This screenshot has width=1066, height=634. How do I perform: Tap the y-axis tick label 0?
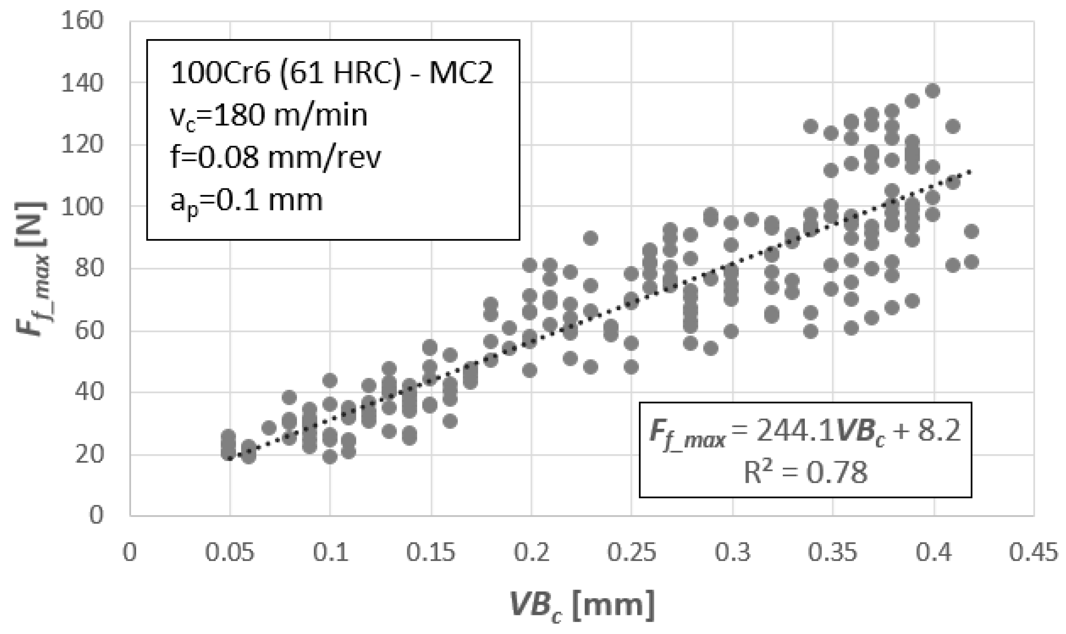(96, 515)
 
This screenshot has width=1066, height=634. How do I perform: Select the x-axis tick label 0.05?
(230, 553)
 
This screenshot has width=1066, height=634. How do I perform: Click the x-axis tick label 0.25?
(631, 553)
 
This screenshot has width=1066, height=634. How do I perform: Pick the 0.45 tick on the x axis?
(1033, 553)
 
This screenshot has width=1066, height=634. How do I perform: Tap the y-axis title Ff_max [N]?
(32, 269)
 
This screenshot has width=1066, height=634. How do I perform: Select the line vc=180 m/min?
(269, 115)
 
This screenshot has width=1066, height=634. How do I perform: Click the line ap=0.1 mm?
(246, 201)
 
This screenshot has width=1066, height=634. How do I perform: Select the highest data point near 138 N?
(933, 91)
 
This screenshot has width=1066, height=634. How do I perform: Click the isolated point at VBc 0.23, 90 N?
(591, 238)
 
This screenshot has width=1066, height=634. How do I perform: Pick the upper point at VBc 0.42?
(971, 232)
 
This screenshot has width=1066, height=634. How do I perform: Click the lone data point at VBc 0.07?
(269, 427)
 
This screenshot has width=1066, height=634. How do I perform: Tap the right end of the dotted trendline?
(970, 172)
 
